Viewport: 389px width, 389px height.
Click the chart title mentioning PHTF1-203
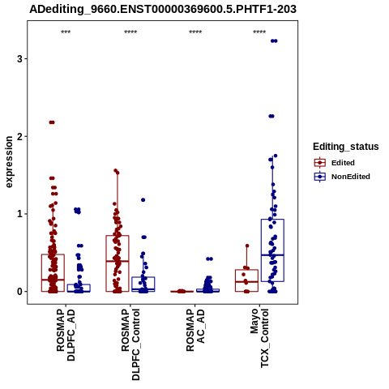[163, 9]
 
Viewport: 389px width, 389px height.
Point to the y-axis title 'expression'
[9, 162]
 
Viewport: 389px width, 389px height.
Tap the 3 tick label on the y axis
[19, 58]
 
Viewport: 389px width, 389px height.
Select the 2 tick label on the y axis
[19, 136]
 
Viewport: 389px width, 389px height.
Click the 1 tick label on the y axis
[19, 214]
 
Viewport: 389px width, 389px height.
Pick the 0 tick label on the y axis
[19, 292]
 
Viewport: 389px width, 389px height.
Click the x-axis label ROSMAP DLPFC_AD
[66, 335]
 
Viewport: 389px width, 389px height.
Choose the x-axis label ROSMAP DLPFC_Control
[130, 344]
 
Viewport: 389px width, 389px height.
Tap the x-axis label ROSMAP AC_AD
[195, 330]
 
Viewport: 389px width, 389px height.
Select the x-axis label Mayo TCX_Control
[259, 338]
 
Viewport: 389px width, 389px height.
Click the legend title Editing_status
[346, 147]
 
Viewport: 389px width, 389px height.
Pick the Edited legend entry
[335, 163]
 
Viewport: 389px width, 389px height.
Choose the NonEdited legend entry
[342, 177]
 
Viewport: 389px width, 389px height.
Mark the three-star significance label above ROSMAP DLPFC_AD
[66, 32]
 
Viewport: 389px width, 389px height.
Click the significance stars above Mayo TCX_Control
[259, 32]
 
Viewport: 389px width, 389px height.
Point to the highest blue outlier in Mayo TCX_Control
[274, 41]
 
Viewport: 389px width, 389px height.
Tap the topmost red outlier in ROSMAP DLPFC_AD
[52, 122]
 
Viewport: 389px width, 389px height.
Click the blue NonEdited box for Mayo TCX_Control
[272, 250]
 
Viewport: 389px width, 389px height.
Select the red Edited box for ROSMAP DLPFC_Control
[118, 263]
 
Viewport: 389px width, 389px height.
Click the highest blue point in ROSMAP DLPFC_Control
[143, 200]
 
